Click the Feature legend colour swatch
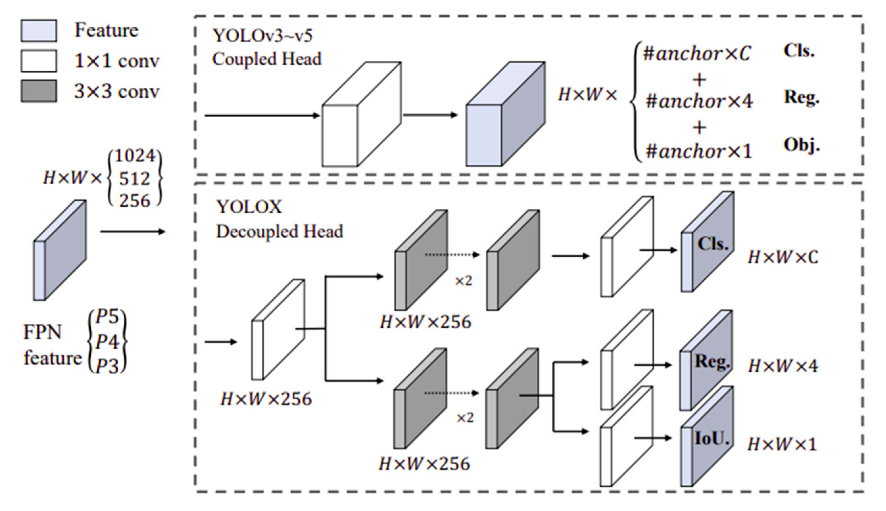(38, 31)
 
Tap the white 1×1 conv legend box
(38, 61)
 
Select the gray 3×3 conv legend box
(38, 91)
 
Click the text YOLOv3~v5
(263, 35)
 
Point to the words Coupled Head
(266, 59)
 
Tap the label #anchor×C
(696, 54)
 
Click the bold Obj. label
(802, 145)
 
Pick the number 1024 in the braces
(135, 156)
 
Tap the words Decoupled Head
(279, 232)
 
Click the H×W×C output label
(783, 257)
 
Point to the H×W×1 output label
(782, 444)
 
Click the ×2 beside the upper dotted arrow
(463, 281)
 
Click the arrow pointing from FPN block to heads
(133, 232)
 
